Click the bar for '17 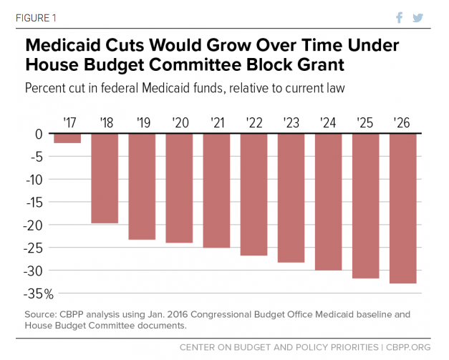coord(67,138)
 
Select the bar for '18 coord(105,178)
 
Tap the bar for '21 coord(216,190)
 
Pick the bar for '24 coord(328,202)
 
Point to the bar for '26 coord(402,208)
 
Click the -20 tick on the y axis coord(34,225)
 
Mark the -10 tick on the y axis coord(34,180)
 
